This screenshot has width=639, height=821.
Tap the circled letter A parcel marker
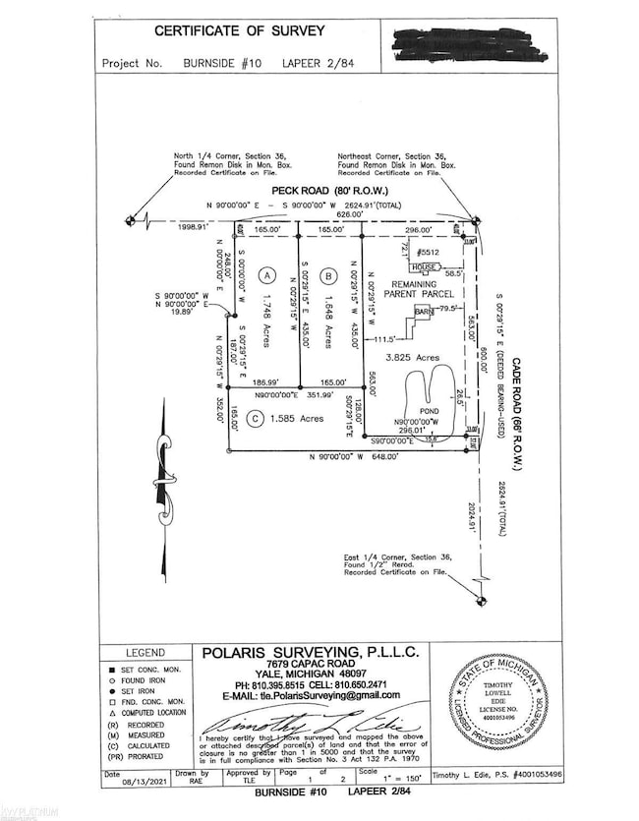263,276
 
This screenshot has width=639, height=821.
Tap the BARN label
424,311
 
